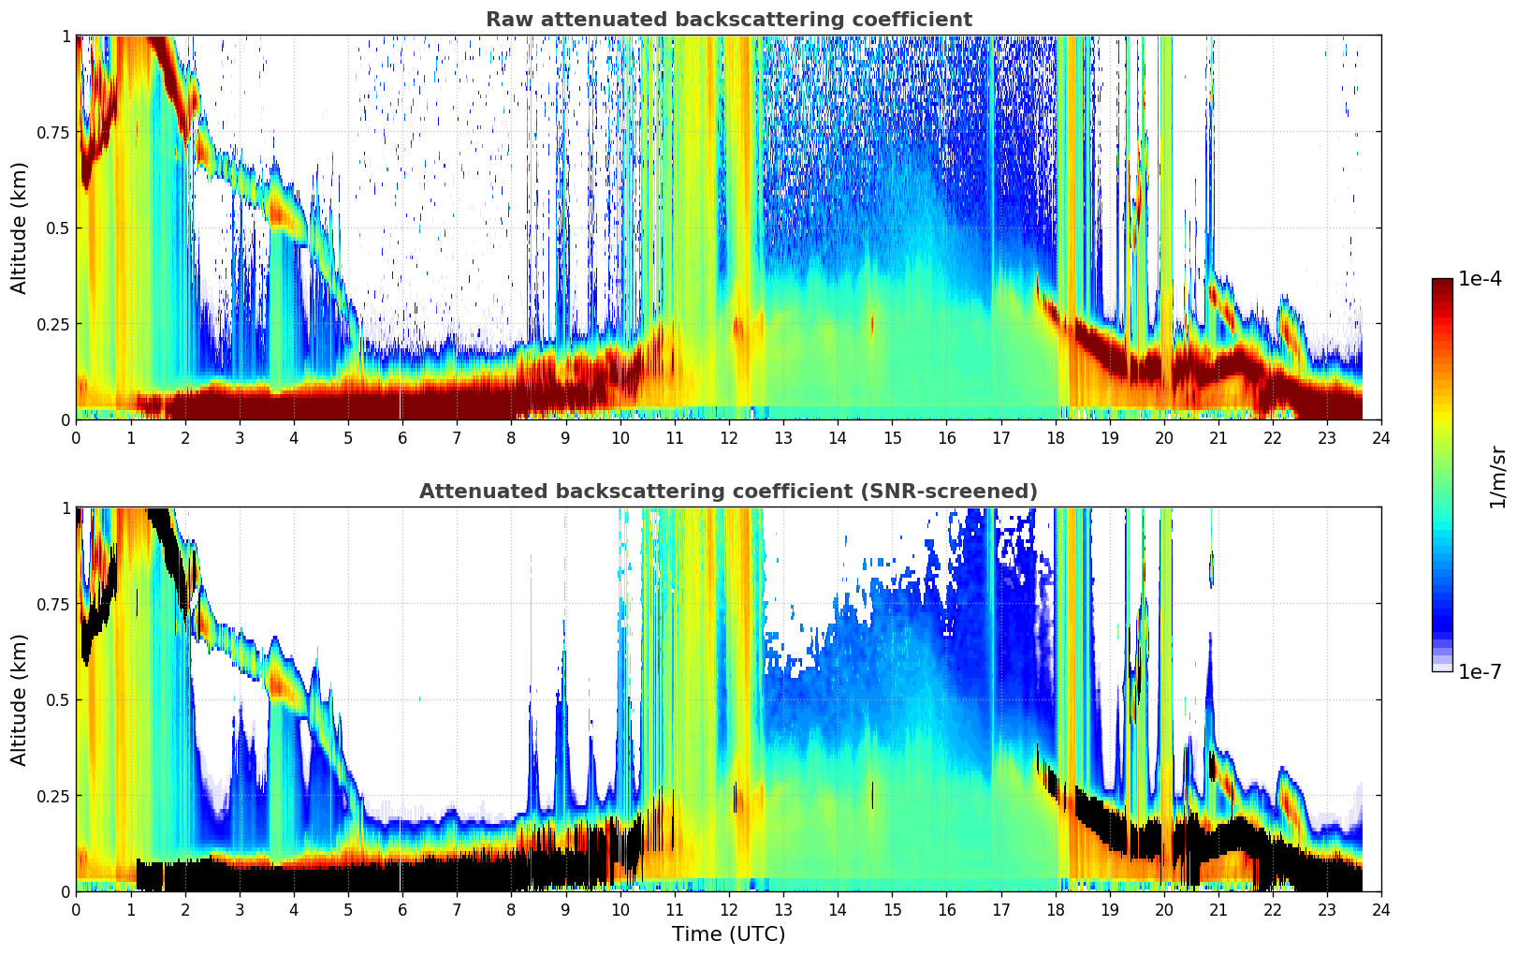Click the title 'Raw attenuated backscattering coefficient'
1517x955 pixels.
pyautogui.click(x=728, y=20)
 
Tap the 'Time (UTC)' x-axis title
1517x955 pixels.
pyautogui.click(x=728, y=934)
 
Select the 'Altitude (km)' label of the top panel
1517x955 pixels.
pyautogui.click(x=20, y=228)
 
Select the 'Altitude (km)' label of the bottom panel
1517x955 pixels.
pyautogui.click(x=20, y=699)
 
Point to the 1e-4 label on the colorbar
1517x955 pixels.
pyautogui.click(x=1480, y=280)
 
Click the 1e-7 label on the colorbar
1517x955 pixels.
pyautogui.click(x=1480, y=671)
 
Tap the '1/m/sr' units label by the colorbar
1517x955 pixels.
pyautogui.click(x=1497, y=477)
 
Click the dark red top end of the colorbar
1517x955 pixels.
pyautogui.click(x=1442, y=283)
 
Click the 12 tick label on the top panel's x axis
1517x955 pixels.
pyautogui.click(x=729, y=437)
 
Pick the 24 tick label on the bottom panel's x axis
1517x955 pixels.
pyautogui.click(x=1381, y=909)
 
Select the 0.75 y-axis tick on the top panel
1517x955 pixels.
pyautogui.click(x=51, y=132)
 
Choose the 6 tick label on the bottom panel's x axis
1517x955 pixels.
pyautogui.click(x=402, y=909)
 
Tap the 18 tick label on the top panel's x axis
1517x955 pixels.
pyautogui.click(x=1056, y=437)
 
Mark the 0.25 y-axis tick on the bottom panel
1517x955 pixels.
pyautogui.click(x=51, y=796)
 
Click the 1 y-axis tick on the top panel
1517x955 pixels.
pyautogui.click(x=66, y=37)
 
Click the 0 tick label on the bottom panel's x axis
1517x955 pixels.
pyautogui.click(x=76, y=909)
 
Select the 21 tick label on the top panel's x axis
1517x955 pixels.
pyautogui.click(x=1218, y=437)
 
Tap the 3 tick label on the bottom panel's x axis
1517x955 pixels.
pyautogui.click(x=240, y=909)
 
